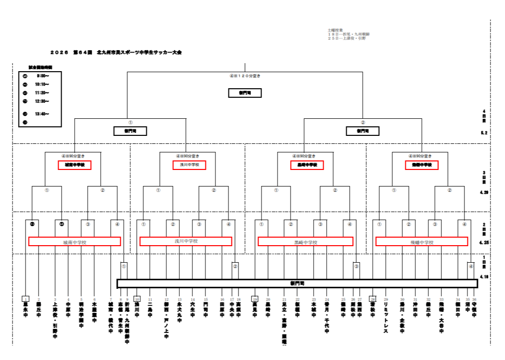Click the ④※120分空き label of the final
(245, 76)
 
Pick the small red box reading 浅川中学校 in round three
(190, 165)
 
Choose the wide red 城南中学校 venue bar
(75, 242)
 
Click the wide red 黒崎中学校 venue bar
(305, 242)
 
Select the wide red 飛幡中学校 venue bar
(422, 242)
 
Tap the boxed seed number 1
(26, 299)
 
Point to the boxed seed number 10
(137, 299)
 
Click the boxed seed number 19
(255, 299)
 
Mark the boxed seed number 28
(373, 299)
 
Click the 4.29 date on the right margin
(484, 192)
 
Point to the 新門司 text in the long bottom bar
(297, 284)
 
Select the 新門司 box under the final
(245, 93)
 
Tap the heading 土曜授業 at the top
(336, 30)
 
